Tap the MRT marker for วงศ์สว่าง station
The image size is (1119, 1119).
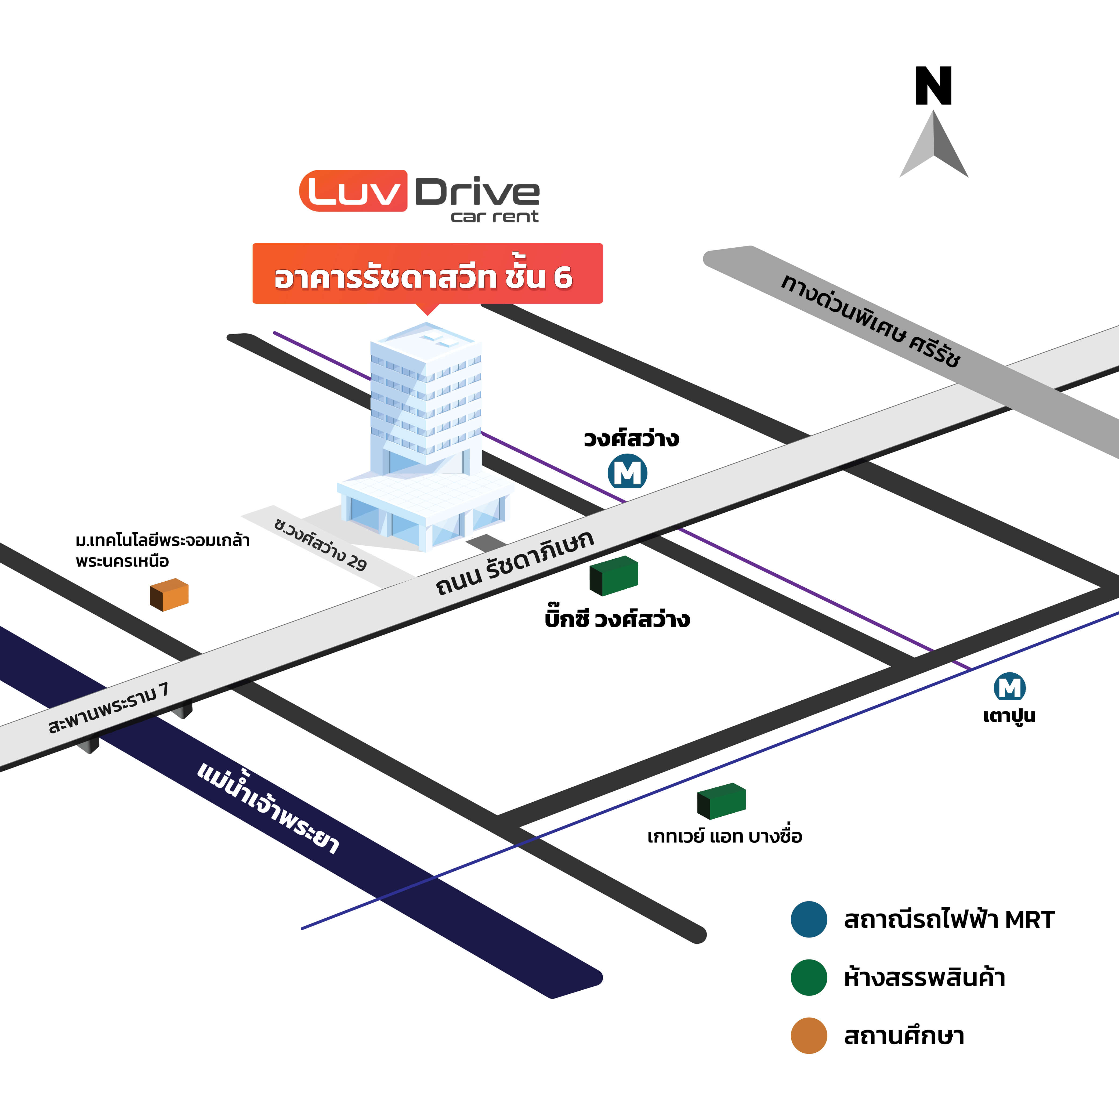pyautogui.click(x=627, y=473)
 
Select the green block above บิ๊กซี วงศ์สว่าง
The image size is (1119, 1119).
pyautogui.click(x=614, y=576)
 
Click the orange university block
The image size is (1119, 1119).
pyautogui.click(x=169, y=595)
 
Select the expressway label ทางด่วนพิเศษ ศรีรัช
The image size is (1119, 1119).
pyautogui.click(x=870, y=321)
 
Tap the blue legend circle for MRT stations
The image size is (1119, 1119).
pyautogui.click(x=809, y=919)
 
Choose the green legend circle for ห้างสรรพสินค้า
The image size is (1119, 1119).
pyautogui.click(x=809, y=977)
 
